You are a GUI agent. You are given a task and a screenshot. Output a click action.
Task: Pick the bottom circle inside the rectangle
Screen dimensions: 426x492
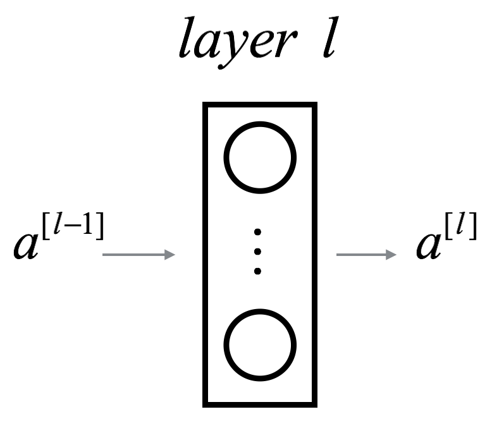click(260, 343)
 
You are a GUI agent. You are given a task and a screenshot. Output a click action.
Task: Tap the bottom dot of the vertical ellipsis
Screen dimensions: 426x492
click(257, 271)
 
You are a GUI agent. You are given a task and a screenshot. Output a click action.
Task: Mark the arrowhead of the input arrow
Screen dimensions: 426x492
click(169, 255)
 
